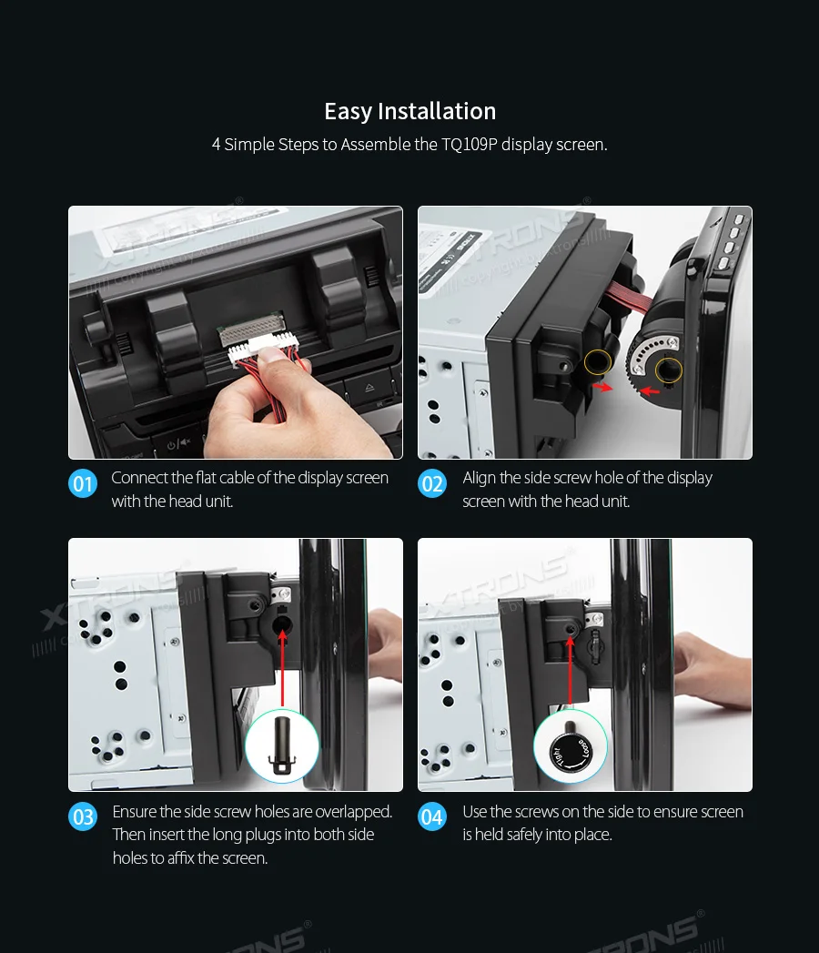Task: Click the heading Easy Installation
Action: [x=409, y=111]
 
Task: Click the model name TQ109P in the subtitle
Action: [x=468, y=144]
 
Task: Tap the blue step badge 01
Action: [x=83, y=483]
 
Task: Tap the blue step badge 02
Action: [x=432, y=483]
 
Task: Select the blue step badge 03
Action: [x=83, y=816]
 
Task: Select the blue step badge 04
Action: [x=432, y=816]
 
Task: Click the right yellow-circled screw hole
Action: [x=669, y=370]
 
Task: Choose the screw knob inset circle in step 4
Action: [x=571, y=747]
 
